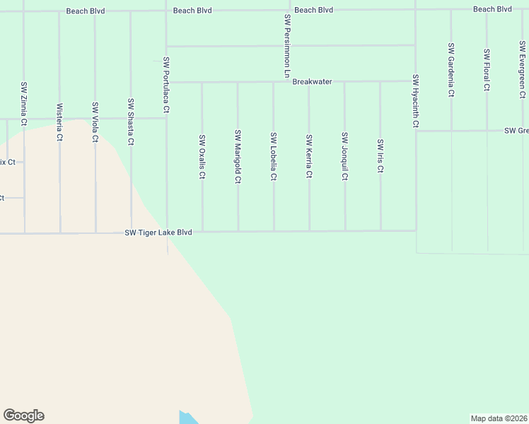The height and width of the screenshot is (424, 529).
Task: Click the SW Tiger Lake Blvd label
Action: coord(158,232)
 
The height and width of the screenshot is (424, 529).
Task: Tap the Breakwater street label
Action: coord(312,82)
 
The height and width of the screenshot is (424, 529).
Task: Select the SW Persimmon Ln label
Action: coord(287,46)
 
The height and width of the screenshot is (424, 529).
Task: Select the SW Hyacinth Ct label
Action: coord(416,101)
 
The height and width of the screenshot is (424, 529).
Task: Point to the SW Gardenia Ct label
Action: coord(451,69)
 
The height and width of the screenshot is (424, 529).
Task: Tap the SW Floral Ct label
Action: coord(487,70)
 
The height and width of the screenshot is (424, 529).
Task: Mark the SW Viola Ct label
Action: coord(95,122)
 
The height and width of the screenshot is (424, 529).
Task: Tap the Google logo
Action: coord(23,416)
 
